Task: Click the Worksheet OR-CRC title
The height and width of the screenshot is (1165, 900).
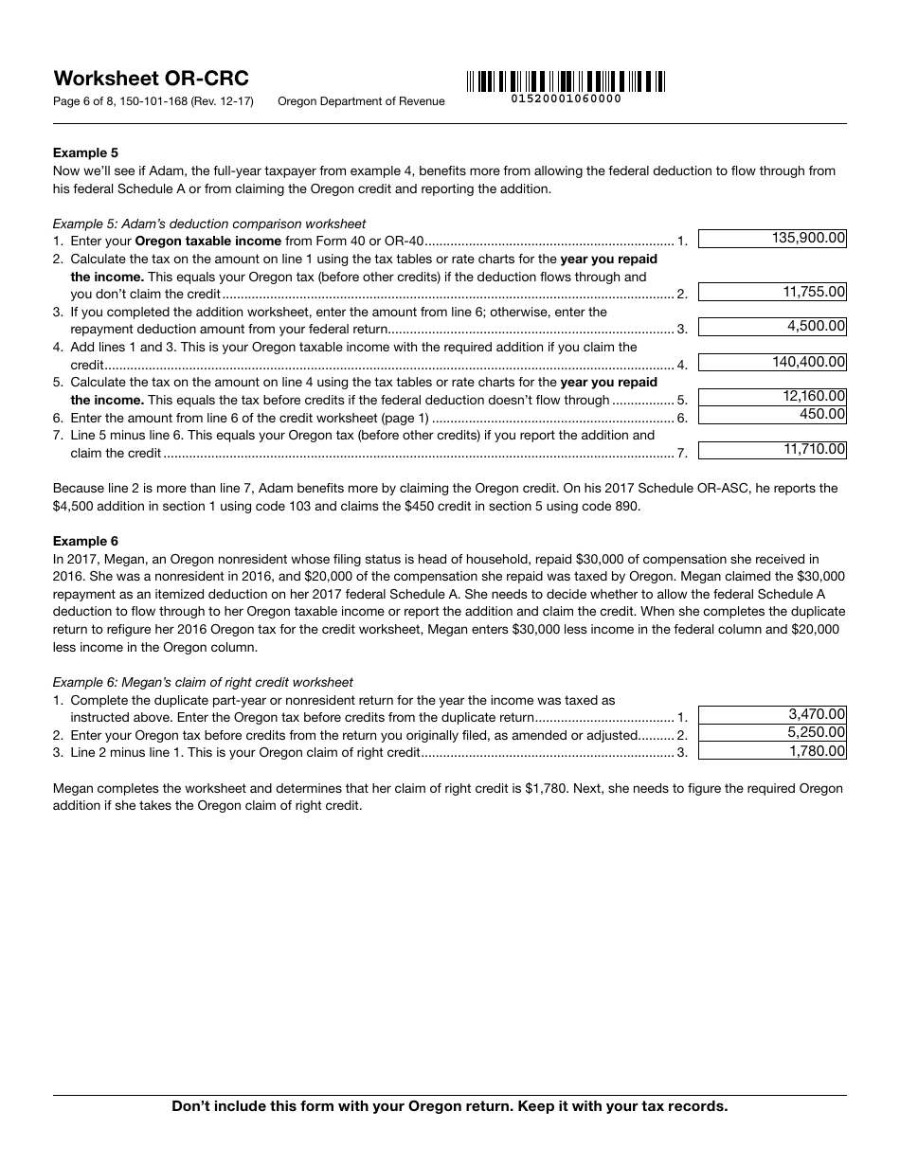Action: [151, 79]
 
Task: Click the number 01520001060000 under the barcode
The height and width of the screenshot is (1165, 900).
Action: [566, 99]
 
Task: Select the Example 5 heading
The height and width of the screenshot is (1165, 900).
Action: [85, 152]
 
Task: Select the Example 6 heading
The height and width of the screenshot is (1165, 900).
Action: [85, 541]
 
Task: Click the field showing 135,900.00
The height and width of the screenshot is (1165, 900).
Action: [772, 240]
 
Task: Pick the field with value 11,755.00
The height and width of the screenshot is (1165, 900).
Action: [772, 293]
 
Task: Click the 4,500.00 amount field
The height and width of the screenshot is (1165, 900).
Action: [772, 327]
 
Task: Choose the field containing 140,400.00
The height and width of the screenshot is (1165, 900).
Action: [772, 362]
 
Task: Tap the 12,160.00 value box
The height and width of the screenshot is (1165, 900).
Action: [772, 397]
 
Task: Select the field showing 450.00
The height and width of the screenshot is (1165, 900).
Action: [772, 415]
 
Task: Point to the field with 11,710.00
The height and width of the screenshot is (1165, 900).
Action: [772, 450]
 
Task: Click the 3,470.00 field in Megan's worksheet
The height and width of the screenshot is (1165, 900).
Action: [772, 715]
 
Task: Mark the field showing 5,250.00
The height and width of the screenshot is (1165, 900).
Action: [772, 733]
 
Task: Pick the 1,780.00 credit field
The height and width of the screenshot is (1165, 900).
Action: [772, 751]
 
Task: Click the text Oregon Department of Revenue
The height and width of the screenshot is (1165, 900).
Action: [361, 101]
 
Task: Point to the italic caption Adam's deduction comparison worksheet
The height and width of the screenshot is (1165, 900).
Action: [208, 224]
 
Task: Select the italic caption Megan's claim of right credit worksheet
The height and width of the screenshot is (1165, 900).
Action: [203, 682]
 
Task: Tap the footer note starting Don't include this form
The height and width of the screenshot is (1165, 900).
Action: [449, 1106]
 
